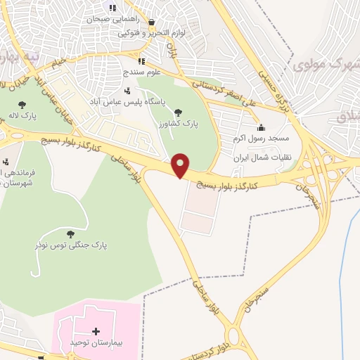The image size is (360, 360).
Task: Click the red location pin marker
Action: [181, 165]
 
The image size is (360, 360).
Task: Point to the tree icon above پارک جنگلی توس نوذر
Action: [69, 233]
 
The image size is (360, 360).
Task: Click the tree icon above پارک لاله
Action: [22, 105]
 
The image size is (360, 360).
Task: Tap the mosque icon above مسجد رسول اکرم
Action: [261, 127]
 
